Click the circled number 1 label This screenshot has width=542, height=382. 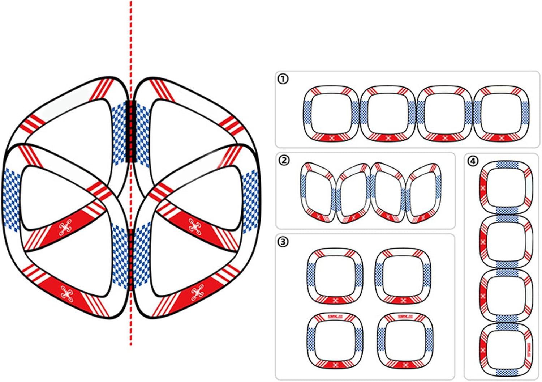coord(283,78)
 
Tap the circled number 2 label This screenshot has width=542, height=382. coord(284,160)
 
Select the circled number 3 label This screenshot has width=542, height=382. coord(283,241)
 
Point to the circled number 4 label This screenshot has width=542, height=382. coord(473,161)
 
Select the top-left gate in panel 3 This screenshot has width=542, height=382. coord(335,276)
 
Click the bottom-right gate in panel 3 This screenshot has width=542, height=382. coord(404,340)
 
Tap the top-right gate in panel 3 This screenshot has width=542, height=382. coord(403,276)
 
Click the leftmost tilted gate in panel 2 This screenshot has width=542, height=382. coord(318,192)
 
